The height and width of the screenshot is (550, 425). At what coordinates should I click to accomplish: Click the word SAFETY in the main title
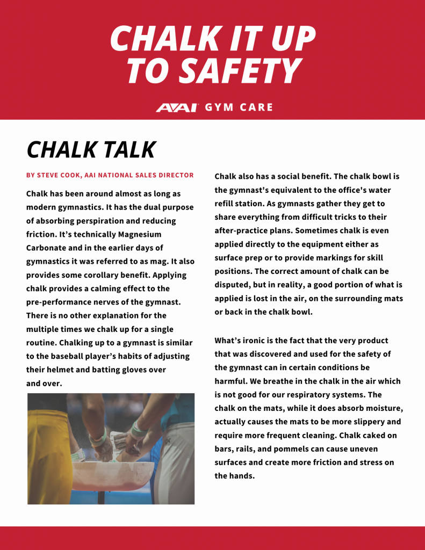239,70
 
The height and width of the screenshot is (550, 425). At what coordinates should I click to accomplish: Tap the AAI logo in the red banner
177,107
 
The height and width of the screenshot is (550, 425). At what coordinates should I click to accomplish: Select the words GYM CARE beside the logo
239,107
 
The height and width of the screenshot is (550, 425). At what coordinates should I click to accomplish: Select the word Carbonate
48,248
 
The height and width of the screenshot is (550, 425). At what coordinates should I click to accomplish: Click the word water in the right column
380,190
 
